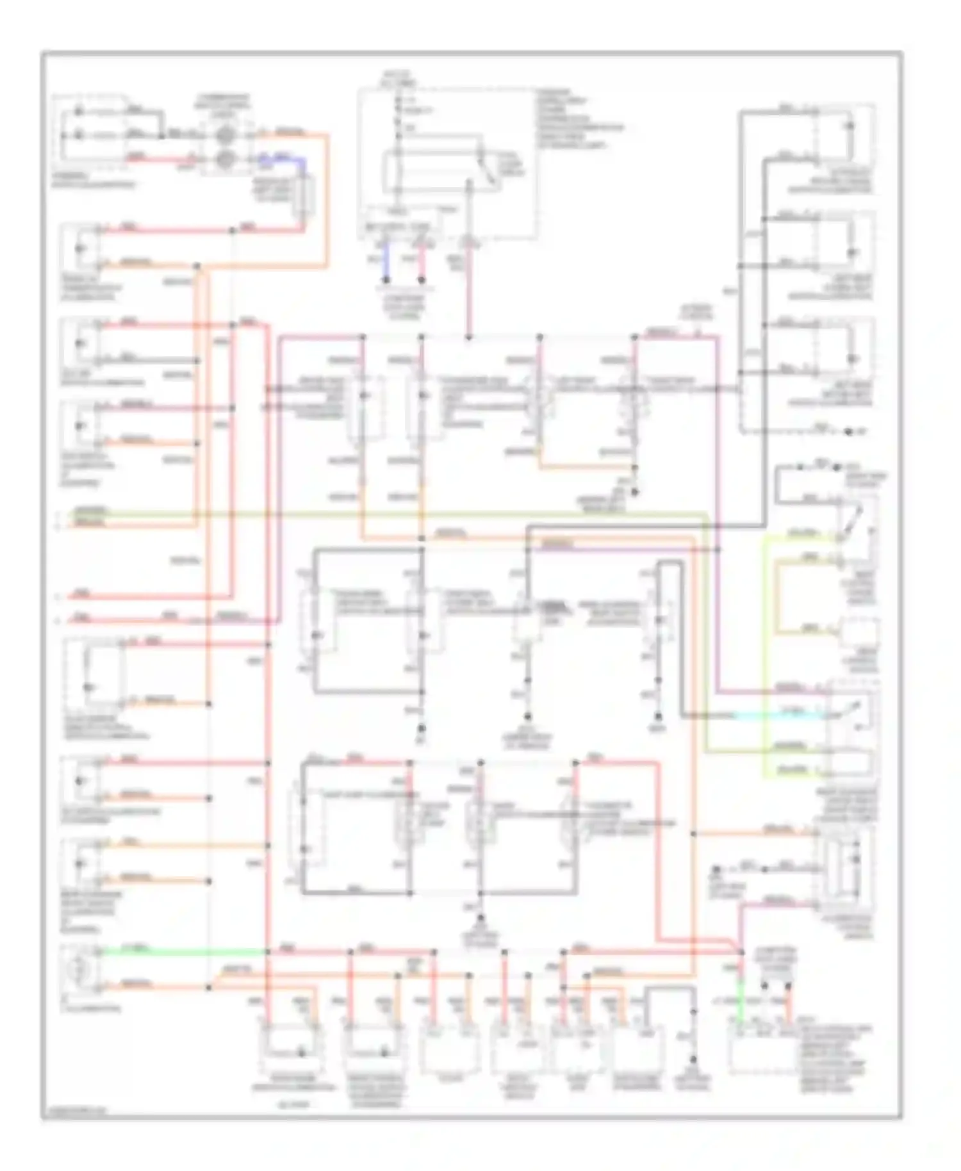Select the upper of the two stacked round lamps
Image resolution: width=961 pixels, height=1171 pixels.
[225, 136]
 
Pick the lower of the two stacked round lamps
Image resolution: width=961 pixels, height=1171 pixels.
[225, 159]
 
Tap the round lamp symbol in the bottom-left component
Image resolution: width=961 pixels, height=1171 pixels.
[77, 970]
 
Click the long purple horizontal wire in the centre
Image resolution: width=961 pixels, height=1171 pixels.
[628, 548]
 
